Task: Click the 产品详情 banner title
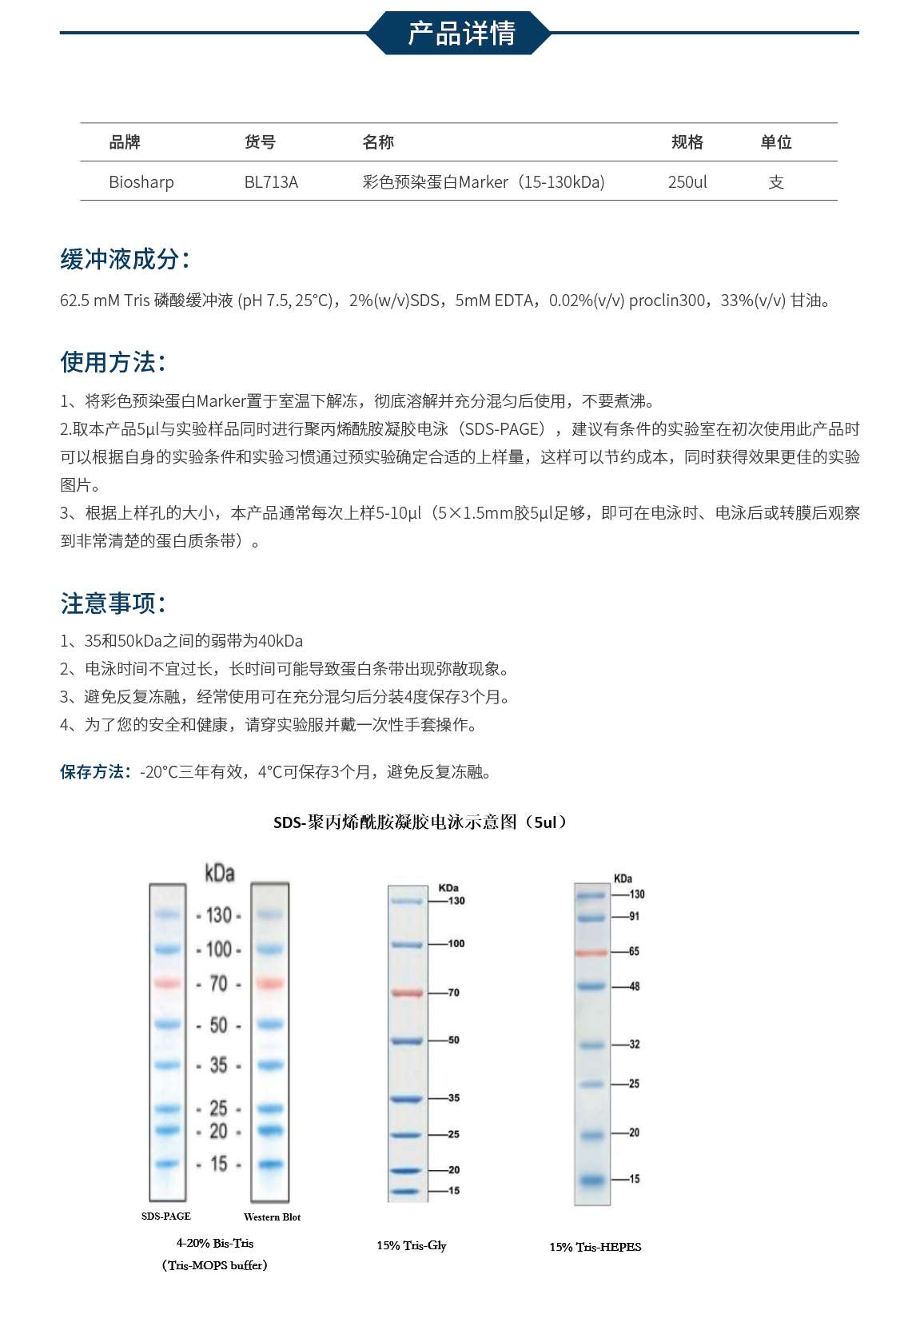461,33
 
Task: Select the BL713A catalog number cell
271,182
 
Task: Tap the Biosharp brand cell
141,182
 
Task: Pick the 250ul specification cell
687,182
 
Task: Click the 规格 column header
687,142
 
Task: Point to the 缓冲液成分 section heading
125,259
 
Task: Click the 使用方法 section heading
113,362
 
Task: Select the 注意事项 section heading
113,603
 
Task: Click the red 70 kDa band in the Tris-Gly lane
407,993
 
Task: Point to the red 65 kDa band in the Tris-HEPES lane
591,953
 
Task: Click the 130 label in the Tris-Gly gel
456,901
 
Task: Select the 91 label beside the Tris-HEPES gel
634,917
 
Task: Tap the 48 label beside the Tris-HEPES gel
634,986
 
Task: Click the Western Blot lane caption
272,1217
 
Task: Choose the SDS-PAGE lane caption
166,1217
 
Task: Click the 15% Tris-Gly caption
412,1245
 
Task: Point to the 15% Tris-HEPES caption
595,1247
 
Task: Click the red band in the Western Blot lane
270,983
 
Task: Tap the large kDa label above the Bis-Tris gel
220,873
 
